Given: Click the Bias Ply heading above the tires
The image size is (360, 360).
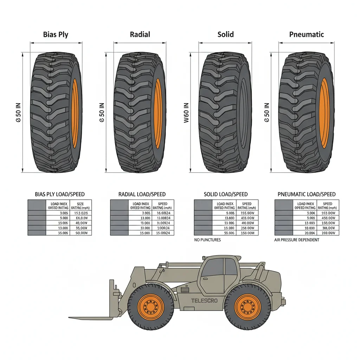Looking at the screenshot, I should pos(56,34).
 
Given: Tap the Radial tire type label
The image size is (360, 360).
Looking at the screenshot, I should pos(140,34).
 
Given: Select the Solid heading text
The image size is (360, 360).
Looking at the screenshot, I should pos(225,34).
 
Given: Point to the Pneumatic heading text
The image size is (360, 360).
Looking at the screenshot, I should pos(306,34).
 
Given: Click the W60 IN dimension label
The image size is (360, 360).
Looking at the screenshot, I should pos(186,113).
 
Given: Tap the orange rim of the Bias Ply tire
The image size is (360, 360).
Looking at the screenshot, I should pos(75,113).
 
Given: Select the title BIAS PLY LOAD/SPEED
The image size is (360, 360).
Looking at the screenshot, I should pos(60,194).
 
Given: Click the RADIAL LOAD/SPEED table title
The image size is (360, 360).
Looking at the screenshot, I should pos(142,194).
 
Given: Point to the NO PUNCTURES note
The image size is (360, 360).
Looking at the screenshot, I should pos(207,240).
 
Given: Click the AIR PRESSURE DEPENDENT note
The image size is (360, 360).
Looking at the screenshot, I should pos(297,240).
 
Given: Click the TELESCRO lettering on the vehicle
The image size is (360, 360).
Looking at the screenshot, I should pos(204,301).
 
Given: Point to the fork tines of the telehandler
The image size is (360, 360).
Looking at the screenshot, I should pos(91,318).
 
